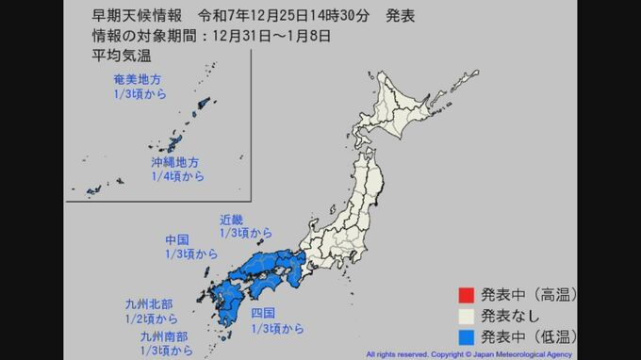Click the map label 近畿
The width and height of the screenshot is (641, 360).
(232, 219)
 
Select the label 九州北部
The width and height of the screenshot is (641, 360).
(149, 304)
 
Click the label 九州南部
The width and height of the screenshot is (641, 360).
(163, 335)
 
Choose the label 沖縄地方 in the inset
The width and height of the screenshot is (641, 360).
(175, 162)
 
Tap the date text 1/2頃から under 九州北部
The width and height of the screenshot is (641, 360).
(152, 319)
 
